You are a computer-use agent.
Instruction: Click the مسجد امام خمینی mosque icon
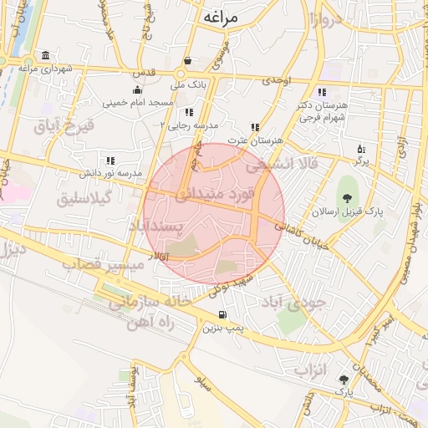tap(138, 90)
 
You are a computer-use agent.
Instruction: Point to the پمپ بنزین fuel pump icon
tap(222, 315)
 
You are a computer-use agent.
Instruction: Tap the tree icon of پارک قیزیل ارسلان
tap(347, 198)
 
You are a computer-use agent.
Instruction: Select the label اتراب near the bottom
tap(313, 369)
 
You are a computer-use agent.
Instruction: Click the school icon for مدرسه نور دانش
tap(110, 160)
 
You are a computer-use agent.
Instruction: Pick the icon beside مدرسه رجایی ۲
tap(190, 111)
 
